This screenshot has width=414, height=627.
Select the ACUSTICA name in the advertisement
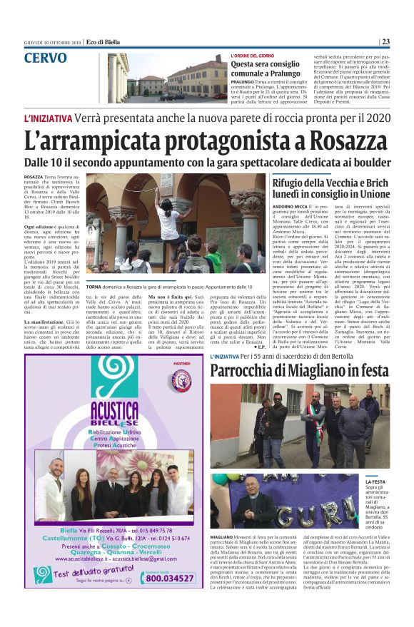coord(114,412)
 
